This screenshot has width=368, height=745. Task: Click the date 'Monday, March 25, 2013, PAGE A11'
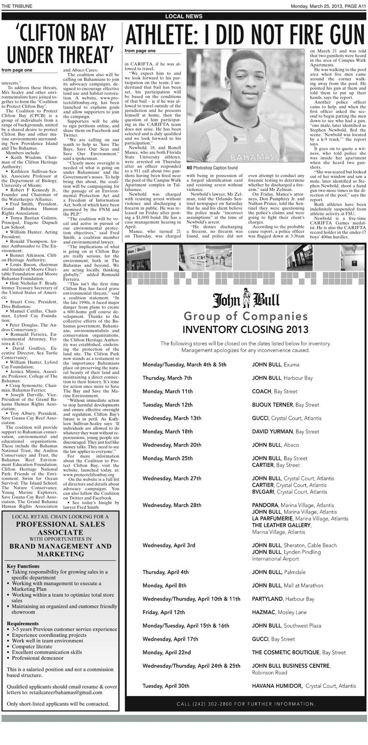coord(328,6)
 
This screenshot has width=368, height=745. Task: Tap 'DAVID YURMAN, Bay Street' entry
coord(285,431)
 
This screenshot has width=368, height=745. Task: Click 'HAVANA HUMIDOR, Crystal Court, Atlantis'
coord(304,686)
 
